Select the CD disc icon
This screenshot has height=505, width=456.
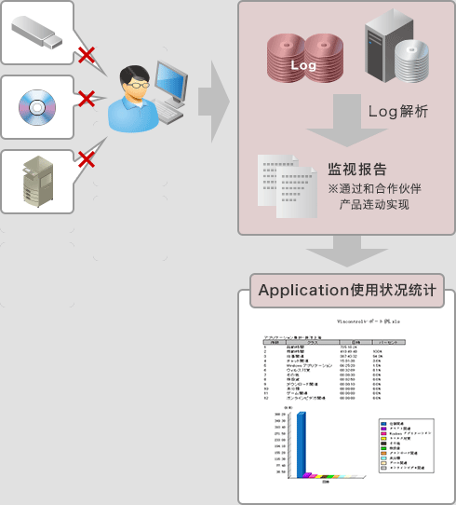37,107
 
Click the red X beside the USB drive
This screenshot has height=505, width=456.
87,55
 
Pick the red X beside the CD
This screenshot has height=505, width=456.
87,98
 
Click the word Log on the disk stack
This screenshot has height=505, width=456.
303,66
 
